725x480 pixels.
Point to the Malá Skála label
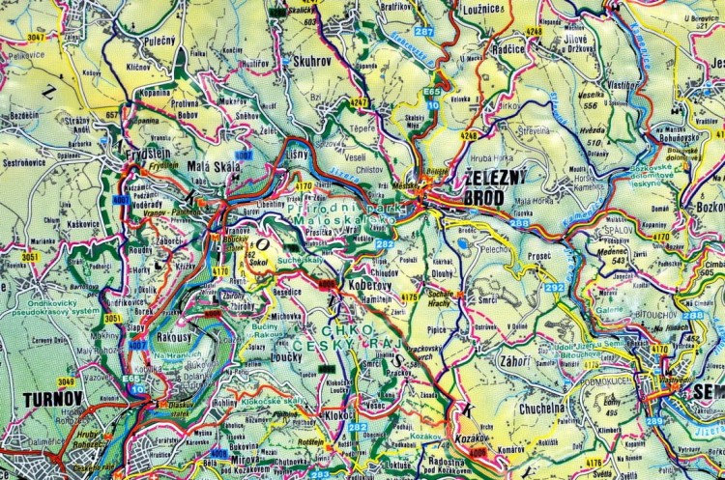(x=219, y=165)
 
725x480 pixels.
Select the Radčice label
(x=508, y=46)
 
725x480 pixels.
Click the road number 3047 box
(x=37, y=36)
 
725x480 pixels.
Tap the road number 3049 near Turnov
(x=65, y=382)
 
